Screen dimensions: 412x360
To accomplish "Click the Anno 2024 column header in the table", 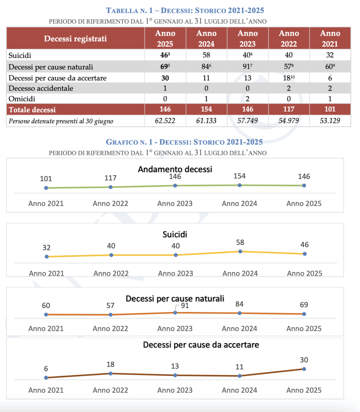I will (206, 38).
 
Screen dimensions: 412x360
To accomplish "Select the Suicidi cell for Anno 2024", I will (206, 55).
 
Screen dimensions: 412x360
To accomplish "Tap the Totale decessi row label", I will (32, 110).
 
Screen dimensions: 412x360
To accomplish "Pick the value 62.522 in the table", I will (165, 121).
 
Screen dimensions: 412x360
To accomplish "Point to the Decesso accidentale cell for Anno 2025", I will (165, 88).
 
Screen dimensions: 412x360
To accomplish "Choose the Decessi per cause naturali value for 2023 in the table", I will (247, 67).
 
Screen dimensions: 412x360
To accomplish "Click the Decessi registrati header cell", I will (76, 38).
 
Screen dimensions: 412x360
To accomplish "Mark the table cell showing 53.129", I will (330, 121).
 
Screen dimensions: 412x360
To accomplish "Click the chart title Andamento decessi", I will (175, 169).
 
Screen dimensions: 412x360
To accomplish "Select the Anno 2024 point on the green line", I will (240, 185).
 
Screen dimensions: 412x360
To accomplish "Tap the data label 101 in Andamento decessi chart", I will (46, 179).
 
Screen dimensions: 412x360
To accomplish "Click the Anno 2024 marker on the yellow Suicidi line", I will (240, 251).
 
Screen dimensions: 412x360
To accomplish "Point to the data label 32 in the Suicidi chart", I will (46, 248).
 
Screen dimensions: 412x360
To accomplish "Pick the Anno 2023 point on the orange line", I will (175, 312).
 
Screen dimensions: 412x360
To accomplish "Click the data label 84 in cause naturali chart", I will (239, 304).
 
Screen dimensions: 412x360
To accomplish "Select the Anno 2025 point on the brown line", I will (304, 369).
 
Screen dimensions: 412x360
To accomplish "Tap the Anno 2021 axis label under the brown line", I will (46, 390).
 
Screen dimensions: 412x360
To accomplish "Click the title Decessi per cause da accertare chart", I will (201, 345).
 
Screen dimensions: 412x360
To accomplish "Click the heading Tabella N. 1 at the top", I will (185, 11).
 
